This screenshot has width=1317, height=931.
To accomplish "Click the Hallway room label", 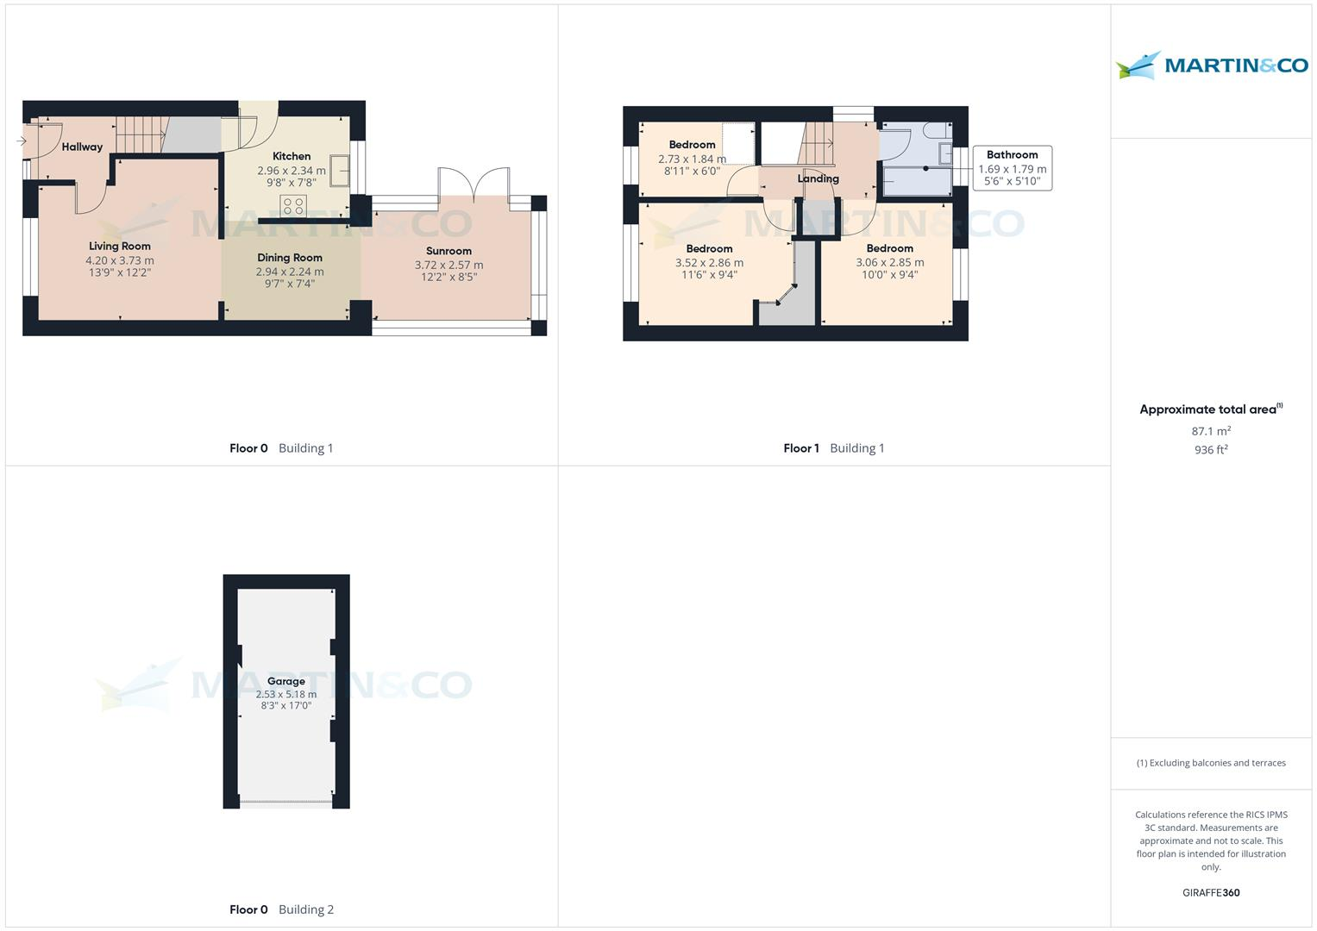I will click(82, 147).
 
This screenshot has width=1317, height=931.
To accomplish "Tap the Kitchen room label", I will click(292, 156).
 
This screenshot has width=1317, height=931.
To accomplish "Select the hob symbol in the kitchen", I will click(293, 206).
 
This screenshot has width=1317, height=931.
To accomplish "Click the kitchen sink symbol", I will click(340, 172).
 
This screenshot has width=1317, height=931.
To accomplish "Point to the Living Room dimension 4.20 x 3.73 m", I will click(120, 260).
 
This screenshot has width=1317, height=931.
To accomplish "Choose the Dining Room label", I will click(290, 258).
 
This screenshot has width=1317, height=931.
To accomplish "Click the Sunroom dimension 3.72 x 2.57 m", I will click(448, 265).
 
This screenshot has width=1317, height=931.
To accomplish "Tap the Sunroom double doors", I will click(473, 183).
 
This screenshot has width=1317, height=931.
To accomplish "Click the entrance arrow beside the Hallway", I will click(21, 141).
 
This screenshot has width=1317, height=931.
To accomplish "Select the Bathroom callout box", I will click(1012, 168).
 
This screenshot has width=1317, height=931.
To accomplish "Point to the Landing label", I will click(818, 179).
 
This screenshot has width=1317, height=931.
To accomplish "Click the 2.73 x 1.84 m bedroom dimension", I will click(692, 159).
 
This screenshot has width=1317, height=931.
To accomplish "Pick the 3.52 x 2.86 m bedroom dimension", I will click(709, 263).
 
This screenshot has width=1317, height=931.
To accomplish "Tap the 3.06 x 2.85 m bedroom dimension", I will click(889, 262).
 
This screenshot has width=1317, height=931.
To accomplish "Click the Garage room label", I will click(285, 681).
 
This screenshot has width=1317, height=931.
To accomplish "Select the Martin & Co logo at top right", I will click(1212, 66).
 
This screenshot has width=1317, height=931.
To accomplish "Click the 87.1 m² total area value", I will click(1211, 431).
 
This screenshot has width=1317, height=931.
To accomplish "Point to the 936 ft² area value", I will click(1211, 450).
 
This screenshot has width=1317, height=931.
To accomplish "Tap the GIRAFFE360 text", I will click(1211, 893).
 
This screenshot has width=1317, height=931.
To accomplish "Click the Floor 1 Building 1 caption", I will click(833, 448).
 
